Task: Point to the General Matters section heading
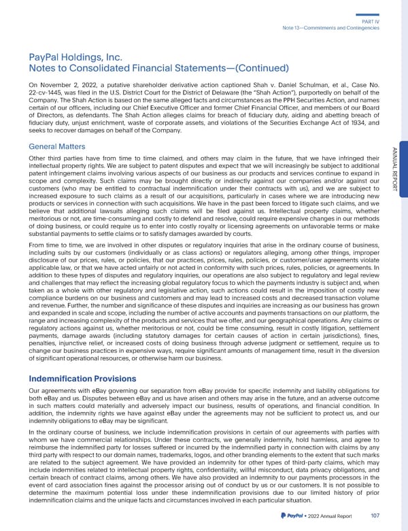pyautogui.click(x=58, y=147)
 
